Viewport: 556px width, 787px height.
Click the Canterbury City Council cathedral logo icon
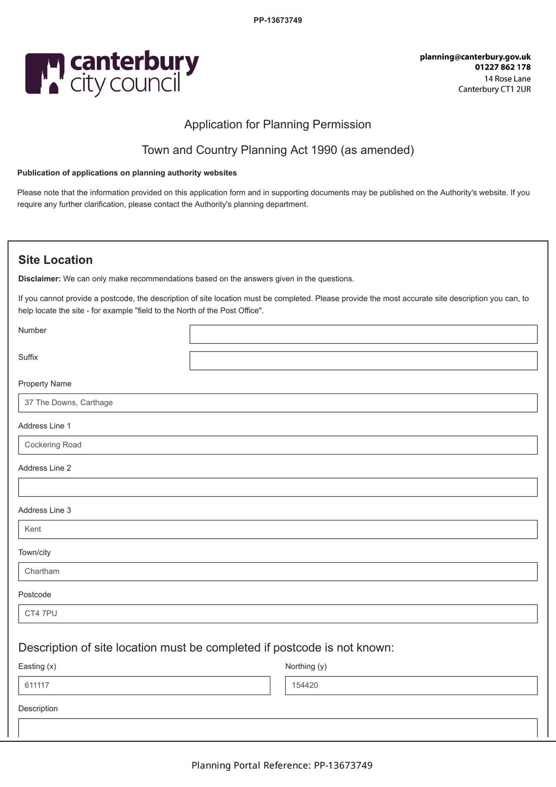(x=45, y=73)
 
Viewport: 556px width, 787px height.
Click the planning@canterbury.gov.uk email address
(x=475, y=57)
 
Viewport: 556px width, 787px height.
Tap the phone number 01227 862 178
(x=502, y=67)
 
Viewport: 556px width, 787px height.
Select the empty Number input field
(x=363, y=334)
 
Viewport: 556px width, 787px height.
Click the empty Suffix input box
(x=363, y=361)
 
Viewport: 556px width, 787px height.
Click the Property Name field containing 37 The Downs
(x=278, y=403)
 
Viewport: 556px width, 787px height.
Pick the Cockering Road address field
(x=278, y=445)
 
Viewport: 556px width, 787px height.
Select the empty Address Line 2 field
(x=278, y=487)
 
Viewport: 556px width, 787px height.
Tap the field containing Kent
(x=278, y=530)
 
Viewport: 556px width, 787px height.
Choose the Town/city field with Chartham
(x=278, y=572)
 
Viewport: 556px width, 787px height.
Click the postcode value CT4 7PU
(x=41, y=614)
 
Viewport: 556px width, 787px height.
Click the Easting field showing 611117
(x=144, y=686)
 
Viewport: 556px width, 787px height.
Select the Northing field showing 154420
(x=411, y=686)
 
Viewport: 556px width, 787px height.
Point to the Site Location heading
(x=56, y=260)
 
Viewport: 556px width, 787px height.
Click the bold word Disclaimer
(x=39, y=279)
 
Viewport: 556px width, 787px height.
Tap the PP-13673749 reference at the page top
(x=278, y=21)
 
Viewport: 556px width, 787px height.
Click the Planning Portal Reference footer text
(x=282, y=765)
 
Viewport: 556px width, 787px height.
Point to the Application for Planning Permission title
(x=278, y=124)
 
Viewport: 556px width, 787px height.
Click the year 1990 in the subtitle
(x=324, y=150)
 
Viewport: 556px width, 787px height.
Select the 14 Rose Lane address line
(x=507, y=79)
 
